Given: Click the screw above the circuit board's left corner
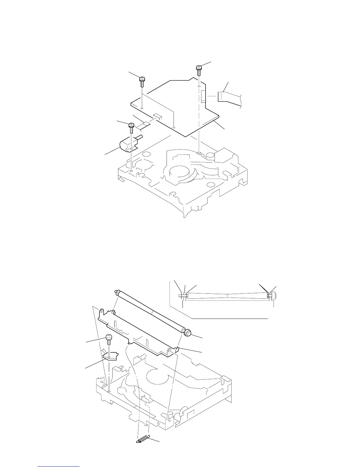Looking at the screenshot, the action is click(x=142, y=81).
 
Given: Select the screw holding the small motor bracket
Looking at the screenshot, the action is click(x=131, y=128).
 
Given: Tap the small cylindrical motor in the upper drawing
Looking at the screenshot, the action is click(x=125, y=145).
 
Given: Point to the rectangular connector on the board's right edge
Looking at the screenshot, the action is click(x=203, y=97).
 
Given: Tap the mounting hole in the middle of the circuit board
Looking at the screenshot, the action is click(x=174, y=128).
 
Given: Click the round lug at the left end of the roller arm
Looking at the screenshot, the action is click(x=101, y=311).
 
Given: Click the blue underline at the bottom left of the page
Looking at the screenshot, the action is click(x=59, y=467).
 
